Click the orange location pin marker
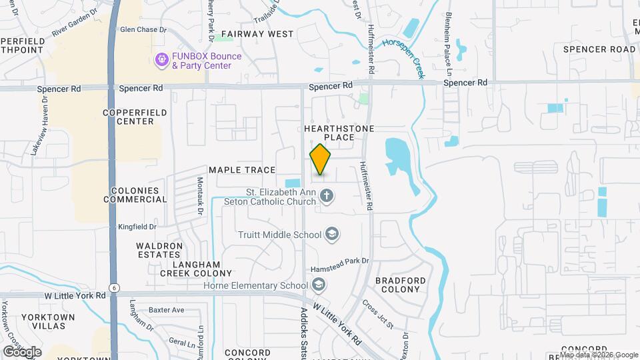321,159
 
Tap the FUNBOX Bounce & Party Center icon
161,61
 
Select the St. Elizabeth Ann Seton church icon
326,196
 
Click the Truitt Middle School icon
332,235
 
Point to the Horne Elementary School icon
319,286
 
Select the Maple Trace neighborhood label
242,170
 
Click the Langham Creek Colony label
196,269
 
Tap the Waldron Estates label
159,250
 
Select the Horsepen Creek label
404,58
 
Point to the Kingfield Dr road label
137,227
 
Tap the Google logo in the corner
21,351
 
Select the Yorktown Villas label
43,321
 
